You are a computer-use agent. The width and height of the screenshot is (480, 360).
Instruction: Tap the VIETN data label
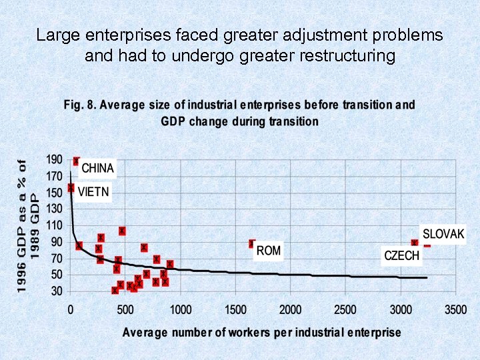(93, 193)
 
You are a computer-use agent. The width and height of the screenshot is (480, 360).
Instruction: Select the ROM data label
(269, 251)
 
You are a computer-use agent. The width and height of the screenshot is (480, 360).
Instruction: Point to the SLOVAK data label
(443, 235)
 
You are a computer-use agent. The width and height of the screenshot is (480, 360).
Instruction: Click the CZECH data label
(402, 255)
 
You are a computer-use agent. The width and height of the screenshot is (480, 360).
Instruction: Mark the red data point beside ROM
(252, 244)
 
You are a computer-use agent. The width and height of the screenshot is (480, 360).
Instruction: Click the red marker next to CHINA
(77, 161)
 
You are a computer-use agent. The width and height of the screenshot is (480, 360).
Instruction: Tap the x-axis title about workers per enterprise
(261, 331)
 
